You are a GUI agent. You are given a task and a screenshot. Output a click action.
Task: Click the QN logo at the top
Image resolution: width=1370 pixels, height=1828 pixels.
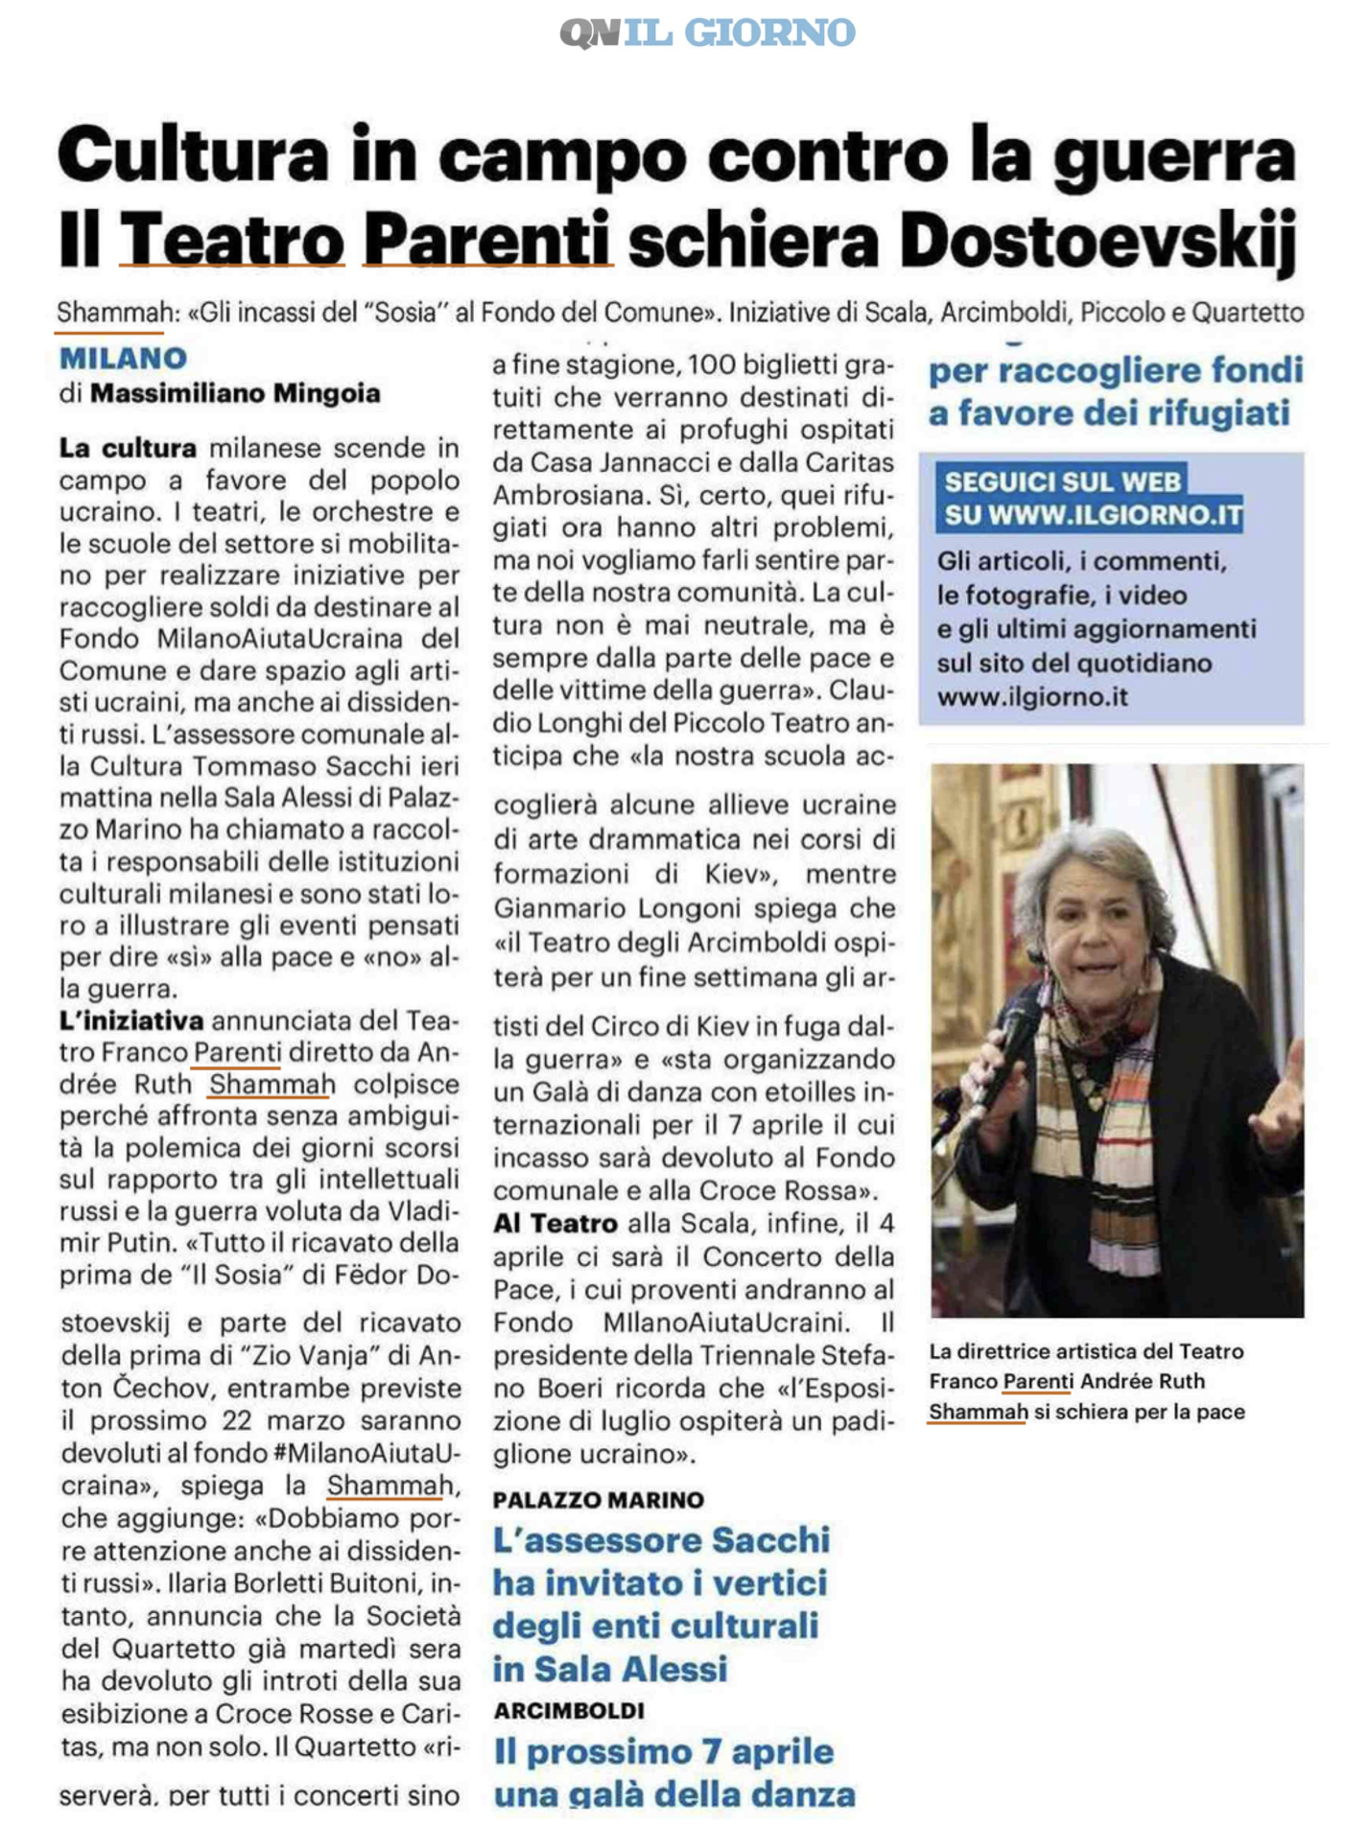coord(589,34)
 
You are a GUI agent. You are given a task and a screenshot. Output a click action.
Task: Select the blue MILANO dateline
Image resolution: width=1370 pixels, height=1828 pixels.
coord(123,359)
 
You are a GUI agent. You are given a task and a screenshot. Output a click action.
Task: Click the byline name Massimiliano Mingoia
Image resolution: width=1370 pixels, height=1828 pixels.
coord(235,393)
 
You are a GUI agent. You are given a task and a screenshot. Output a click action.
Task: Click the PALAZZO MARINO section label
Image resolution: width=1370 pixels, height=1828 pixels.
coord(599,1500)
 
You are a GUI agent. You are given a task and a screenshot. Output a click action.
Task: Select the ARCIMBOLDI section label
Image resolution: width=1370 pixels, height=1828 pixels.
coord(569,1710)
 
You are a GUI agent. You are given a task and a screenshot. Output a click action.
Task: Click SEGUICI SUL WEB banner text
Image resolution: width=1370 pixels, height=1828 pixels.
coord(1062,481)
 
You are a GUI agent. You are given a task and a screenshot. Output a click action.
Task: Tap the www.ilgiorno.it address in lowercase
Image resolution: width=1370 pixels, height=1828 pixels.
coord(1032,697)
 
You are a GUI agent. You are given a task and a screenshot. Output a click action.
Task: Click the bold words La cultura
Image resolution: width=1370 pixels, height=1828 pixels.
coord(128,448)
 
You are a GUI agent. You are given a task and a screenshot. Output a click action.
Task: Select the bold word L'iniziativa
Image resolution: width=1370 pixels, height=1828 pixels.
coord(131,1020)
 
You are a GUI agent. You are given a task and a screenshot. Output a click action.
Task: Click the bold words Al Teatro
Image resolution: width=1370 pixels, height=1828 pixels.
coord(555,1224)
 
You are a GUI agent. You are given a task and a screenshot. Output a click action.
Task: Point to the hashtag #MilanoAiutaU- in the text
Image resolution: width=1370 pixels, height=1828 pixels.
coord(367,1453)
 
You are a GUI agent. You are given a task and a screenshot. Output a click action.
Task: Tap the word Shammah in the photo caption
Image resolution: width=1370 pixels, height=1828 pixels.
coord(978,1411)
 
